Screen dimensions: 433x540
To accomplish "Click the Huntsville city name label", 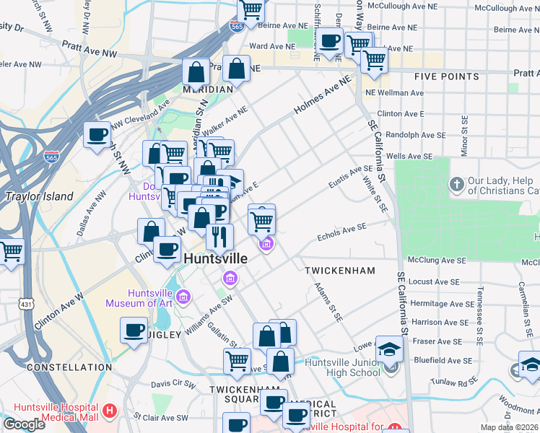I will click(x=216, y=258).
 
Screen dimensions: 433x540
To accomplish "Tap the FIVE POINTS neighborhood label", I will click(x=447, y=76).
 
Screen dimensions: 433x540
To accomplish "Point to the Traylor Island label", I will click(x=39, y=196).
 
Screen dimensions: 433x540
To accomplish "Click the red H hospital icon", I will click(x=110, y=411).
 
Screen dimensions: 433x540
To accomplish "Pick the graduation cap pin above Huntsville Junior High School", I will click(x=390, y=349).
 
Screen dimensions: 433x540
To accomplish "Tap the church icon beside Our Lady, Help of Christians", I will click(x=457, y=185).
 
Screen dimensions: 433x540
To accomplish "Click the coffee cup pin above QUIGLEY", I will click(x=134, y=331).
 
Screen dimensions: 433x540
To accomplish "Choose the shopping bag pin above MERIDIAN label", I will click(x=196, y=71).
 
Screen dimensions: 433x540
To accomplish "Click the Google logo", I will click(x=24, y=424).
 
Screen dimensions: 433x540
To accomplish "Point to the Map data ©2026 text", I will click(x=509, y=427).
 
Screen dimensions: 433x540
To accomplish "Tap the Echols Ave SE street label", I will click(x=342, y=232).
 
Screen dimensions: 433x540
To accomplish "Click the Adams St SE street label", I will click(x=327, y=302).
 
